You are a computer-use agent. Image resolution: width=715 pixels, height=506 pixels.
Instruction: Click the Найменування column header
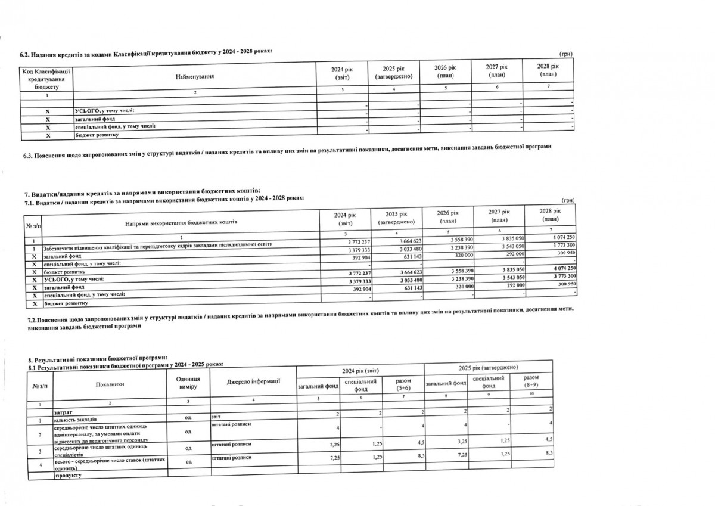click(195, 77)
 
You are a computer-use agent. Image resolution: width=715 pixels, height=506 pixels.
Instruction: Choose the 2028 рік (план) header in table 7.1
click(548, 215)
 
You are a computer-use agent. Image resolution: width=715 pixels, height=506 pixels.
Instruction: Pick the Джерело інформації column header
click(253, 381)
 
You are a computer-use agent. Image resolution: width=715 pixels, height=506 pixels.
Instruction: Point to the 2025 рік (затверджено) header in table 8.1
click(488, 367)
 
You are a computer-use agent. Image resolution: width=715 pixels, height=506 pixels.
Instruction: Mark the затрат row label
click(64, 412)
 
